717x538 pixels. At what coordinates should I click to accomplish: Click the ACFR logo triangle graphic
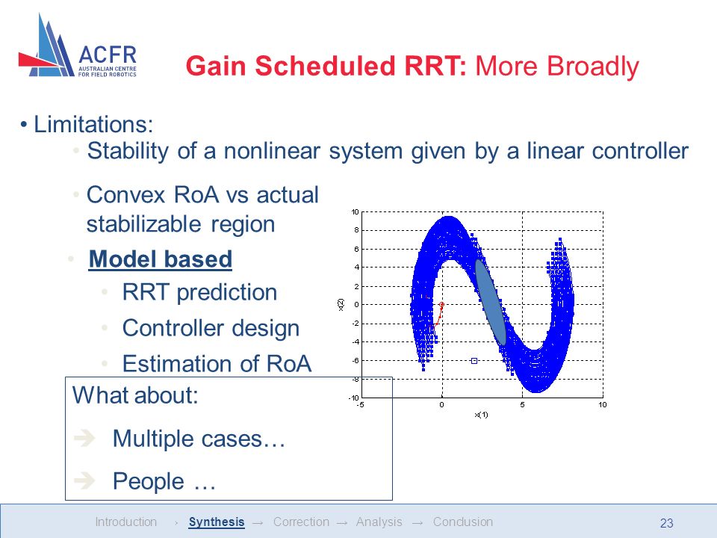pyautogui.click(x=46, y=48)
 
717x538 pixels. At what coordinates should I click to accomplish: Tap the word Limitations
pyautogui.click(x=93, y=125)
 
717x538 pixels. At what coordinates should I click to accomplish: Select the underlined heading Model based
pyautogui.click(x=161, y=259)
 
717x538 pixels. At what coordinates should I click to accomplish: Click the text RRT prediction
pyautogui.click(x=199, y=292)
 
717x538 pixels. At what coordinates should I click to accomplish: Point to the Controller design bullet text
pyautogui.click(x=211, y=328)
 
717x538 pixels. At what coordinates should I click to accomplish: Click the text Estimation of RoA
pyautogui.click(x=217, y=364)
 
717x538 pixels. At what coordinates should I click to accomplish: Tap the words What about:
pyautogui.click(x=135, y=395)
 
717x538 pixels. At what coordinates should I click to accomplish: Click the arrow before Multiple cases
pyautogui.click(x=84, y=439)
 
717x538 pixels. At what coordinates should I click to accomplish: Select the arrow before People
pyautogui.click(x=84, y=480)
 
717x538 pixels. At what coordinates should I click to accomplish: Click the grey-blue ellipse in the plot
pyautogui.click(x=491, y=302)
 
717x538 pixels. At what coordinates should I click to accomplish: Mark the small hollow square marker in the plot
pyautogui.click(x=474, y=361)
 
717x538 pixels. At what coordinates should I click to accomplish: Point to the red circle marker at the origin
pyautogui.click(x=441, y=305)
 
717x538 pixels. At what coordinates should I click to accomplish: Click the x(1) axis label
pyautogui.click(x=482, y=415)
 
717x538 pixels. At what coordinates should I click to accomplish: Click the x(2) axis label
pyautogui.click(x=341, y=305)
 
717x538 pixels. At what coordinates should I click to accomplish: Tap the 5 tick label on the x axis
pyautogui.click(x=522, y=405)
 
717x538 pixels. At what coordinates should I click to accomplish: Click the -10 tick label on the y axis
pyautogui.click(x=353, y=398)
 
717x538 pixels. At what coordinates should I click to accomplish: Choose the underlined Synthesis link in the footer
pyautogui.click(x=217, y=522)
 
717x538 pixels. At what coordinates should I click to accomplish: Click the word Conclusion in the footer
pyautogui.click(x=463, y=522)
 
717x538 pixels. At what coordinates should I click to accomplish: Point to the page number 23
pyautogui.click(x=667, y=523)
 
